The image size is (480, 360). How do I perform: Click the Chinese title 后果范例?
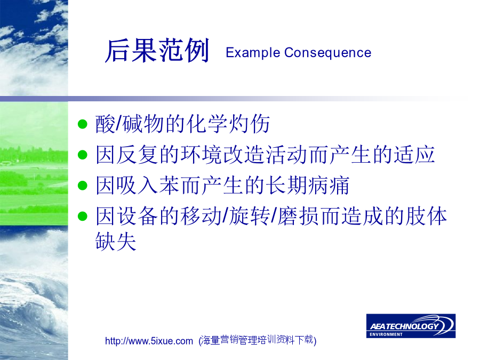tap(157, 51)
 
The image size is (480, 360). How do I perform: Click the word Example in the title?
tap(253, 53)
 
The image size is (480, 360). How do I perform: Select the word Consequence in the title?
tap(327, 53)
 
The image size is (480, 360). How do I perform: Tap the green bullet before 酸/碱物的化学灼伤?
tap(82, 124)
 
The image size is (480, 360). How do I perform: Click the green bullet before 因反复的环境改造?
tap(82, 155)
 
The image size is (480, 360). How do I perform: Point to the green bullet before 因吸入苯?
tap(82, 186)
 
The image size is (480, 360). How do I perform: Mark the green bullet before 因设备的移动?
tap(82, 216)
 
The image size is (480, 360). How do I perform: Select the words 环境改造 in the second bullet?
tap(223, 155)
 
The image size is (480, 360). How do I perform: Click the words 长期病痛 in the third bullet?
tap(308, 186)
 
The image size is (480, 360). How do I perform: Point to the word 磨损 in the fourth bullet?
tap(298, 216)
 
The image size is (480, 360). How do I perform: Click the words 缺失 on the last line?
tap(116, 241)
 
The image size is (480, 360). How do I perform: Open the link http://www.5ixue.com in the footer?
tap(149, 341)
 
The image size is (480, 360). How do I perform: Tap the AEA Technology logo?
tap(411, 326)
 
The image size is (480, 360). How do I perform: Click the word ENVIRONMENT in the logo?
tap(386, 334)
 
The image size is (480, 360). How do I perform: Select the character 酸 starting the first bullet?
tap(106, 124)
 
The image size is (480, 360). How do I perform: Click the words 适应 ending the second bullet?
tap(414, 155)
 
